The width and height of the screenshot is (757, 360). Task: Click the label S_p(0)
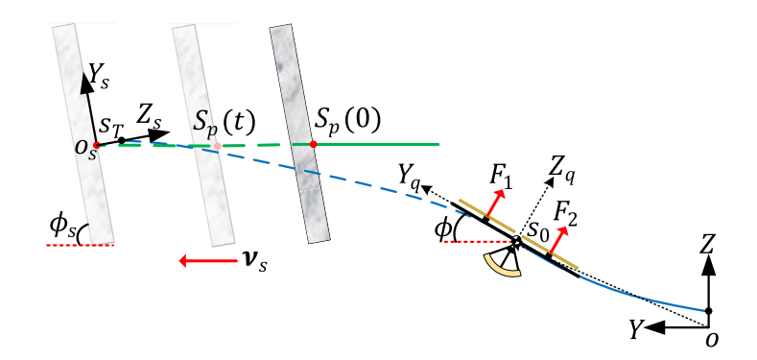pos(347,121)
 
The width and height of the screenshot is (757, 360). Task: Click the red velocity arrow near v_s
pos(204,259)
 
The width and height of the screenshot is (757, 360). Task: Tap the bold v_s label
pos(251,260)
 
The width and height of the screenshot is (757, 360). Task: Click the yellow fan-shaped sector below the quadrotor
pos(504,262)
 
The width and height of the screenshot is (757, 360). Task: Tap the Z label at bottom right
pos(708,244)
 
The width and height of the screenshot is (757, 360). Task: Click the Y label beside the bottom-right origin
pos(634,328)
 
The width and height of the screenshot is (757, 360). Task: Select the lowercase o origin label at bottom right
pos(710,339)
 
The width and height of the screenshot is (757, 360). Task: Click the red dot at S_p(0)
pos(312,144)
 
